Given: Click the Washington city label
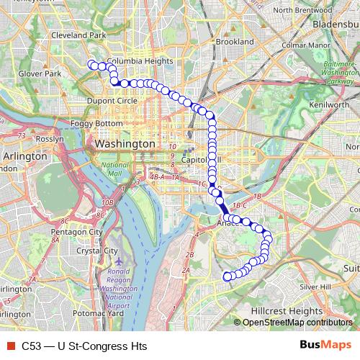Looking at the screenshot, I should pos(125,144).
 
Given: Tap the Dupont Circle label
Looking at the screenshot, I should pos(113,101).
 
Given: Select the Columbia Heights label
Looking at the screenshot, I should pos(140,61).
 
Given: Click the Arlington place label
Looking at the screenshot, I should pos(24,155).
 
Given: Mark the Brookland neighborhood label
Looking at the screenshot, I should pos(235,42).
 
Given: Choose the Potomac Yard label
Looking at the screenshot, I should pos(99,313).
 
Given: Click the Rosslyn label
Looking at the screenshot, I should pos(50,138).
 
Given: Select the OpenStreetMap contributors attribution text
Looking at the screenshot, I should pos(297,323).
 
